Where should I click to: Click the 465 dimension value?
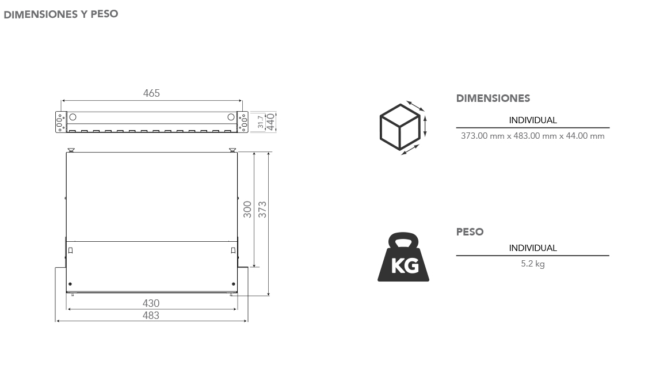[x=151, y=93]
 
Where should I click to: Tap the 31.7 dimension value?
[x=261, y=122]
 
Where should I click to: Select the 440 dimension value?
[x=270, y=122]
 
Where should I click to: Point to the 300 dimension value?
[x=247, y=210]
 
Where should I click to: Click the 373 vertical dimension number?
[x=262, y=210]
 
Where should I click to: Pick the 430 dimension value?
[x=151, y=303]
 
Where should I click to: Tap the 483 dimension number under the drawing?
[x=151, y=315]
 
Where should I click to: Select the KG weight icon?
[x=403, y=257]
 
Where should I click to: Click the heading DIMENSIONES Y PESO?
[x=60, y=14]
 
